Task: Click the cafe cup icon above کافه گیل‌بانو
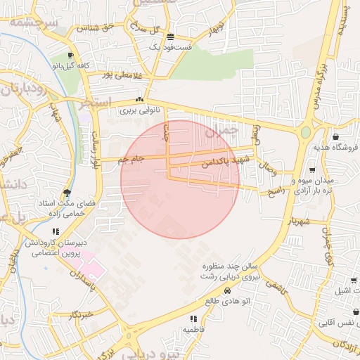(70, 56)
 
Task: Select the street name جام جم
(130, 160)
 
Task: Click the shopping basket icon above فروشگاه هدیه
(335, 137)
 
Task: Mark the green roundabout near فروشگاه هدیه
(306, 131)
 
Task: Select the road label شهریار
(298, 221)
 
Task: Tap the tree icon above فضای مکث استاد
(67, 192)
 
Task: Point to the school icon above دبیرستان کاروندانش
(56, 231)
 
